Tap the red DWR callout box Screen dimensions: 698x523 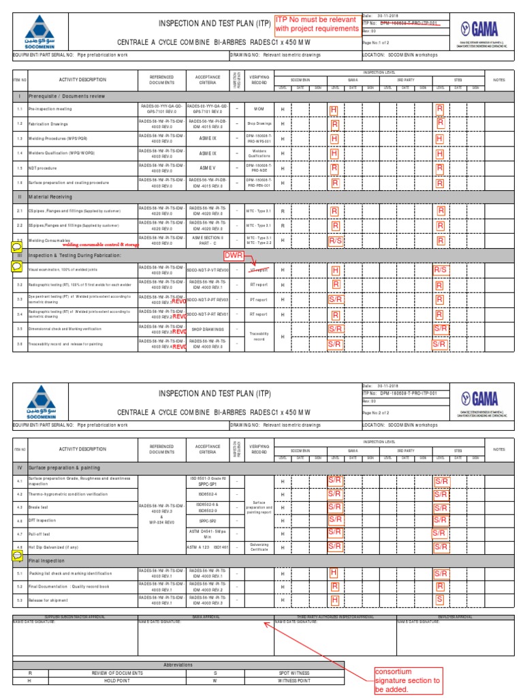234,256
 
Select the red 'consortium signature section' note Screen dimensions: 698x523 408,680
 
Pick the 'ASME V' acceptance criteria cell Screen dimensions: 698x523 208,167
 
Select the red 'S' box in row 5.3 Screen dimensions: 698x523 440,600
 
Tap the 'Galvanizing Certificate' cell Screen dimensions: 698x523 259,547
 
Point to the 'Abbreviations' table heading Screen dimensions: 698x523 178,665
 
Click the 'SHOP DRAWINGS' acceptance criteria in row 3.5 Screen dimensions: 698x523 208,329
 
